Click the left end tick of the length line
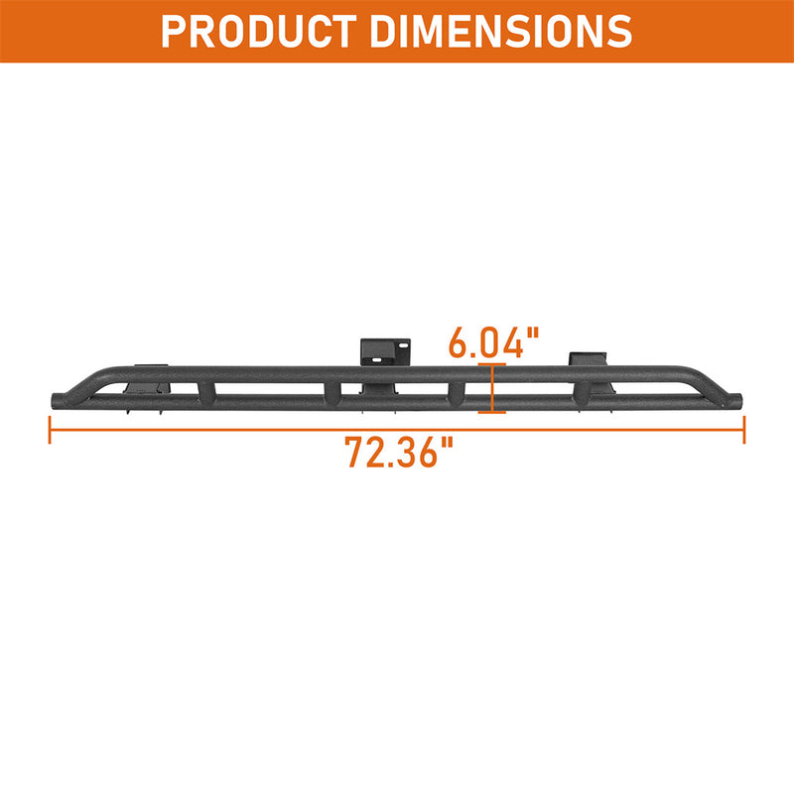[50, 429]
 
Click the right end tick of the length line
[743, 429]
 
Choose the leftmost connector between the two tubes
[206, 392]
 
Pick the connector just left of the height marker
[458, 392]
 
